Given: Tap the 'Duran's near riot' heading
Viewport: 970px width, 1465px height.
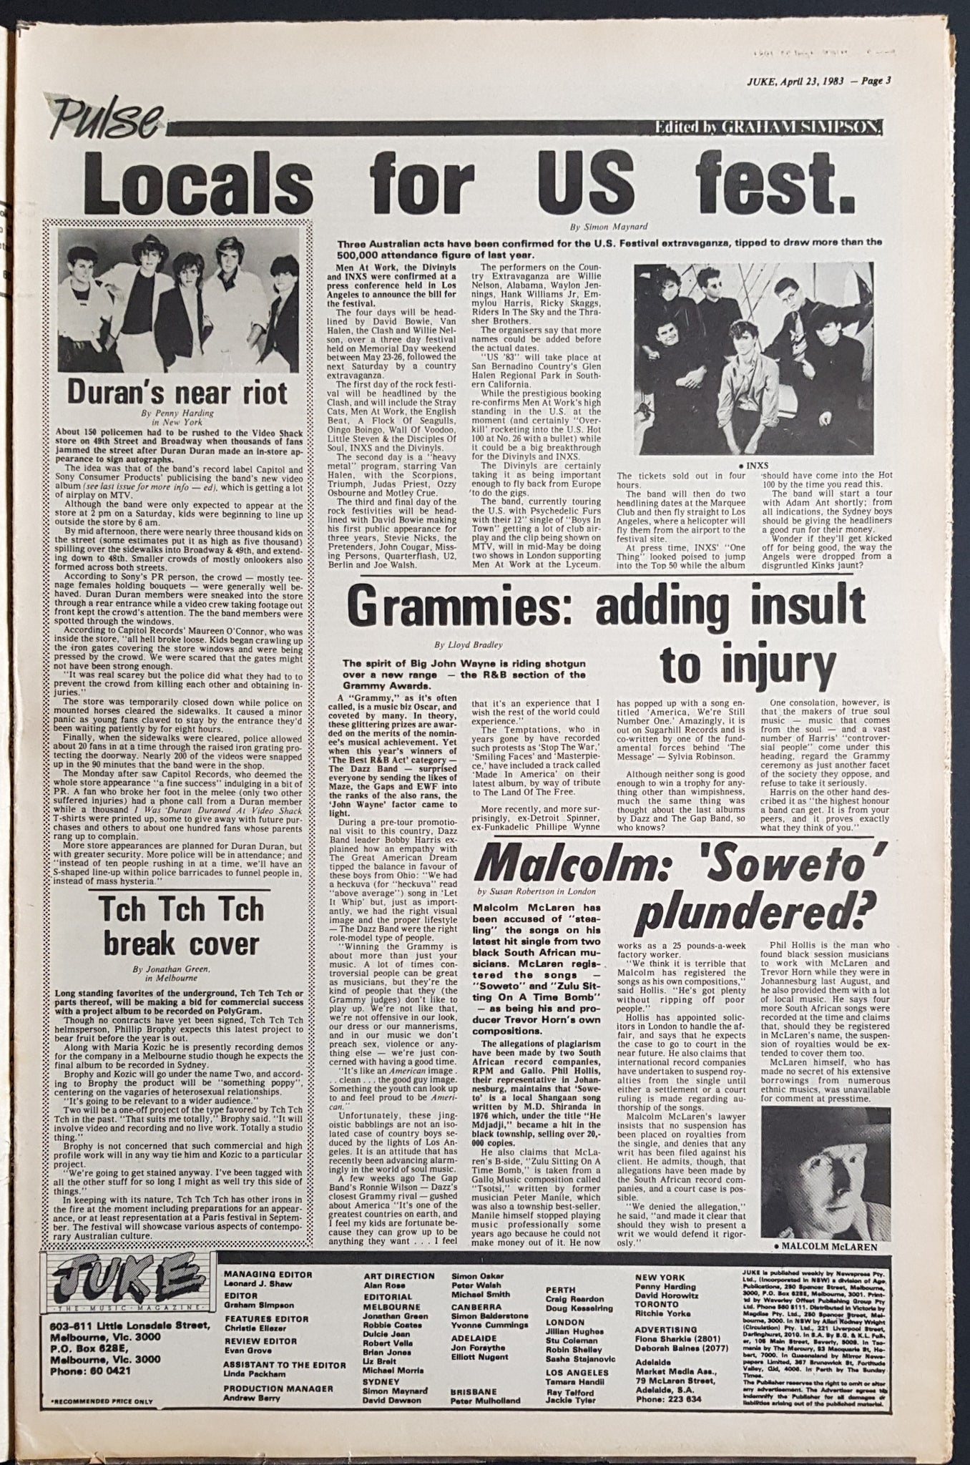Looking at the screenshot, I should click(x=177, y=391).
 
